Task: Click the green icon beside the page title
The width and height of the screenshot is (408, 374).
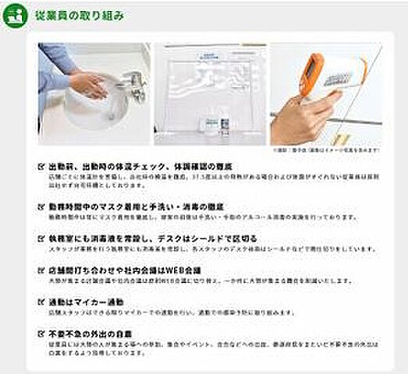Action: coord(13,16)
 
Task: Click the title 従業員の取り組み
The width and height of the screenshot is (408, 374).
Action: coord(78,16)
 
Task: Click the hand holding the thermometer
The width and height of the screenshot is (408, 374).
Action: coord(300,117)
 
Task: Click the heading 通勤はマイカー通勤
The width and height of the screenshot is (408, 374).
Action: coord(86,301)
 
